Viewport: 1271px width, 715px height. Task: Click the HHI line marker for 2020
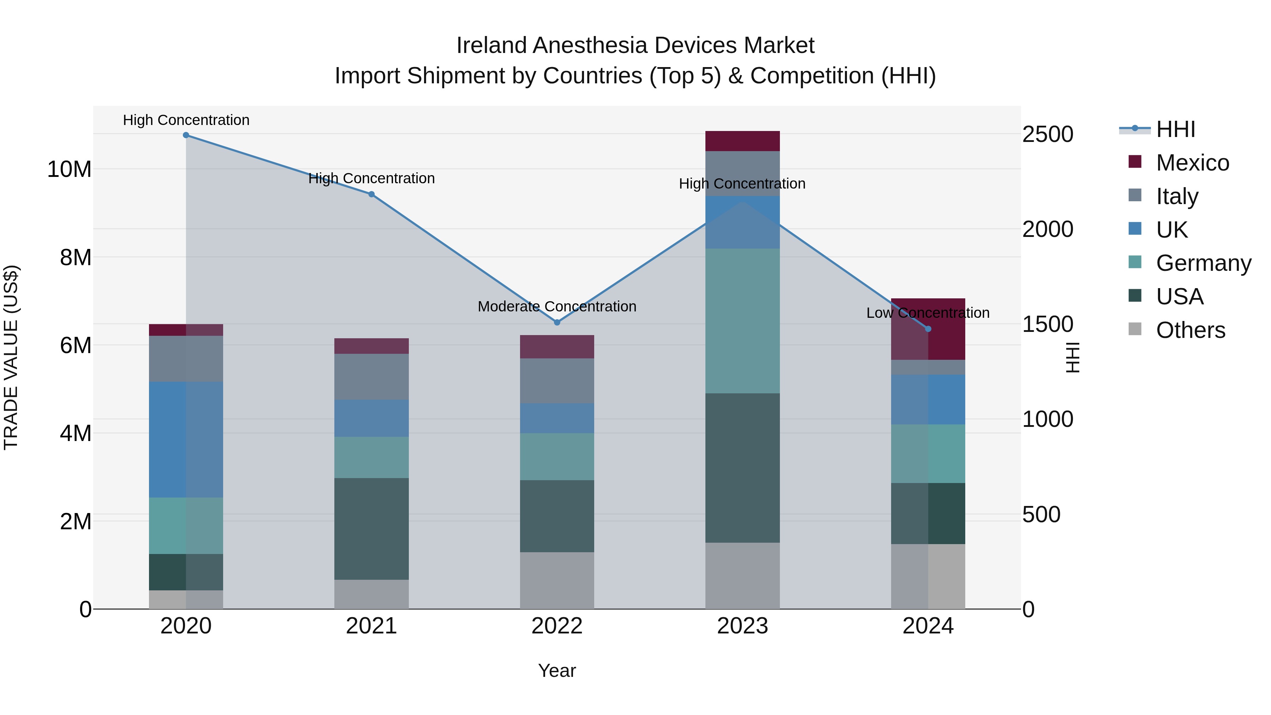click(x=186, y=135)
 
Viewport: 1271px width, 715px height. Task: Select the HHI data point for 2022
click(x=557, y=322)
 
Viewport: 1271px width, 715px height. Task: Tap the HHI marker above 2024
click(x=928, y=329)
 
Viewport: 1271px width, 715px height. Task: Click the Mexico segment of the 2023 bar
click(x=742, y=141)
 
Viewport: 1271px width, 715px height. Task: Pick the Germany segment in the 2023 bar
click(x=742, y=321)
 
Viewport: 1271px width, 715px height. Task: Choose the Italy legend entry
click(x=1177, y=196)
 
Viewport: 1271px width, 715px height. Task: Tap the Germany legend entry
click(x=1203, y=263)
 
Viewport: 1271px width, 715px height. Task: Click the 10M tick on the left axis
click(x=69, y=169)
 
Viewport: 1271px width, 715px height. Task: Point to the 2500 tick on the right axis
click(x=1048, y=134)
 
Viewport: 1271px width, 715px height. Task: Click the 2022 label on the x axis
click(x=557, y=626)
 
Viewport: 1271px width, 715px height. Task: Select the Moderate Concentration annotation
click(x=557, y=306)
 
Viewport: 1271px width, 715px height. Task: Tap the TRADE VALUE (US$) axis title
click(x=11, y=357)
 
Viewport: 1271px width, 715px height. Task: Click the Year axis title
click(x=557, y=671)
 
